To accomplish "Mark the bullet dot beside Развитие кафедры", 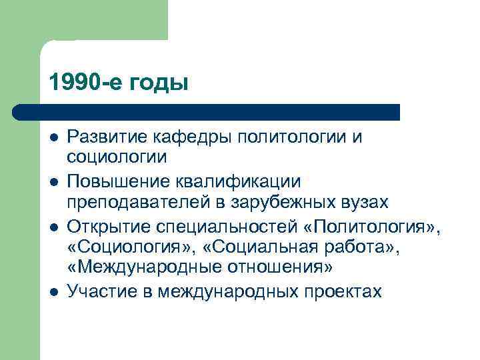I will pos(53,137).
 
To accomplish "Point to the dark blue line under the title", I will pos(207,112).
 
